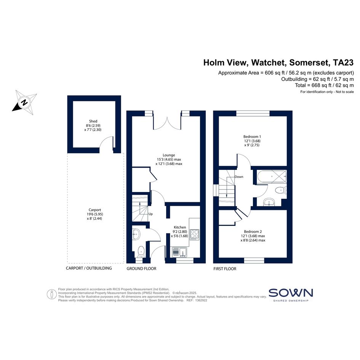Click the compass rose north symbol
point(24,102)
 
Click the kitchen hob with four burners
point(194,235)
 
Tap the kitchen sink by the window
point(180,252)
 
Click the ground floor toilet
point(141,251)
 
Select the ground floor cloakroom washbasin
point(136,234)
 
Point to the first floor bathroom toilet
point(280,190)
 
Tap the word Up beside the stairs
point(150,214)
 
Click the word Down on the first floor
point(239,177)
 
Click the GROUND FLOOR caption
point(141,269)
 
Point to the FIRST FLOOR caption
point(225,269)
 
